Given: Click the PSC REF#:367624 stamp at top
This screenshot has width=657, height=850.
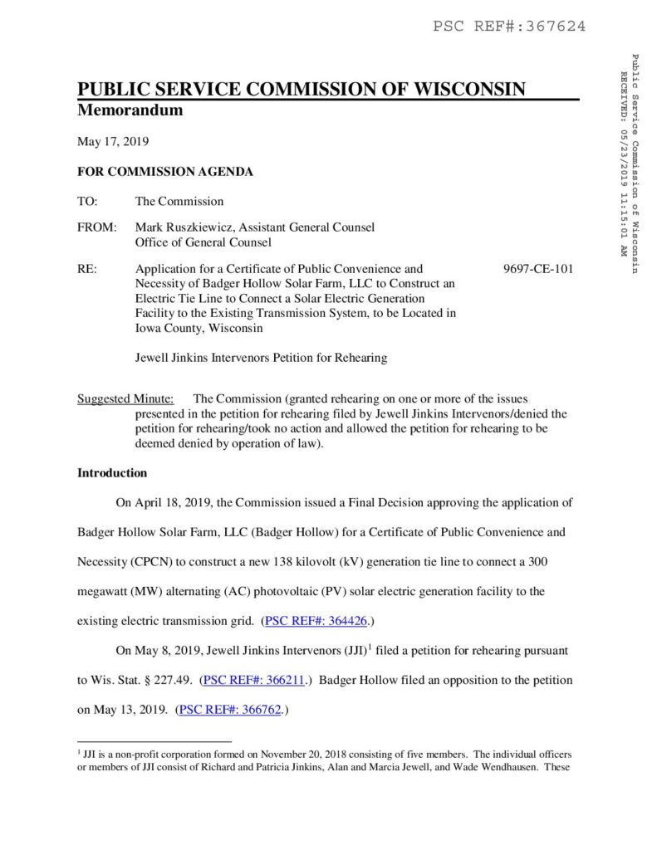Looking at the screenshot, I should coord(509,27).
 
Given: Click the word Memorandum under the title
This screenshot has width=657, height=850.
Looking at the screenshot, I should coord(130,110).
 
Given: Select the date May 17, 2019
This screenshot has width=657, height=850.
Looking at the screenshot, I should coord(113,142).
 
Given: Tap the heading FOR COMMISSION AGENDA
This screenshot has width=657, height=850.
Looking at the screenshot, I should coord(165,172).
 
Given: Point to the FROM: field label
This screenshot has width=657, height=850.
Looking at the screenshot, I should coord(96,227).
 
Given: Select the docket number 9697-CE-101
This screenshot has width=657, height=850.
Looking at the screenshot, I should coord(538,269).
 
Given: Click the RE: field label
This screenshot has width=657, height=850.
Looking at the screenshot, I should coord(86,269).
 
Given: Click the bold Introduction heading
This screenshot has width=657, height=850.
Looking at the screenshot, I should coord(112,473).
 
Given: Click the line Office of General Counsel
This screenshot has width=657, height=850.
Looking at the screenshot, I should coord(203,242).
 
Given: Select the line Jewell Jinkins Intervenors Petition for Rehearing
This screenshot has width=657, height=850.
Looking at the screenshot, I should coord(261,358).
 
